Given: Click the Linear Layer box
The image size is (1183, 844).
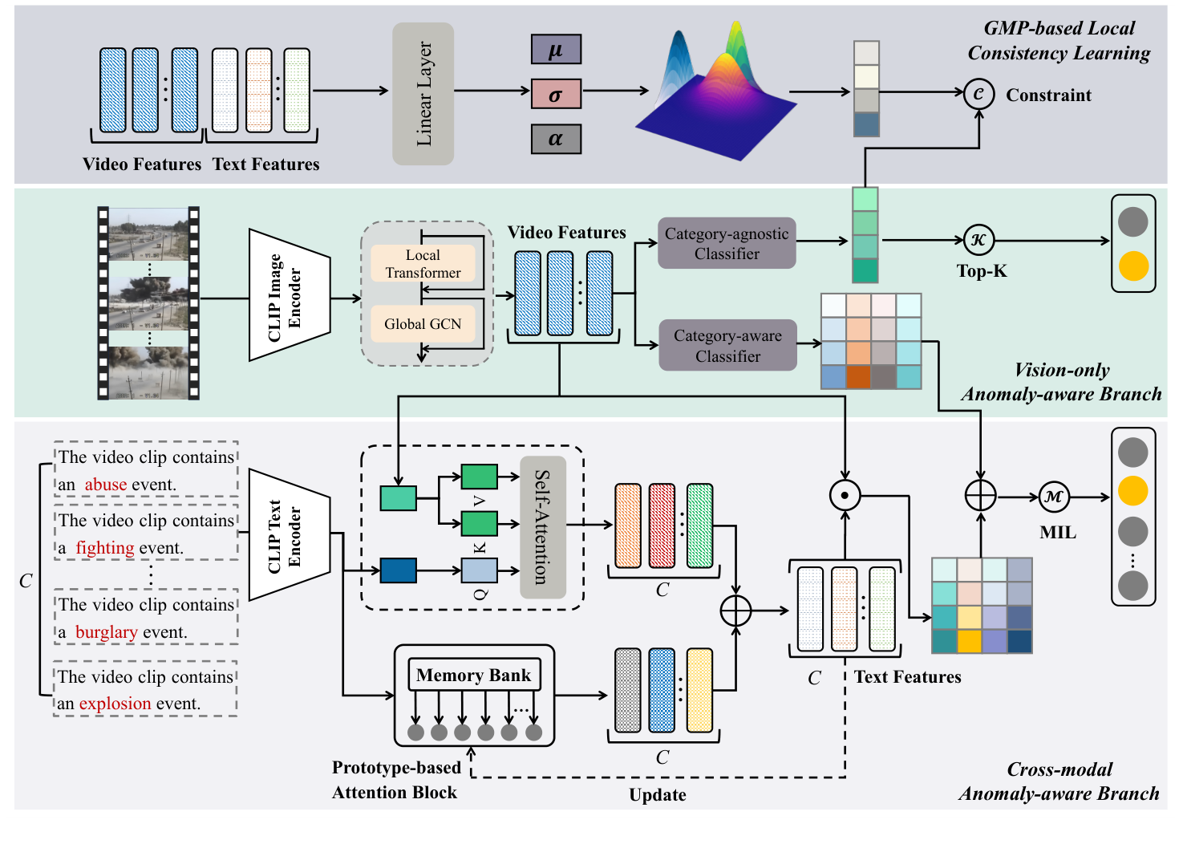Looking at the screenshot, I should pos(423,94).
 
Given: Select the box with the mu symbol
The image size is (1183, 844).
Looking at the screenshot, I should pos(556,50).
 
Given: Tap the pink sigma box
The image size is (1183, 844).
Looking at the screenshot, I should pos(556,95).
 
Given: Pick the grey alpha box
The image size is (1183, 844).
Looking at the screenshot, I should pos(556,139).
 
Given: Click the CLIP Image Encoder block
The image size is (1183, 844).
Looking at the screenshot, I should pos(289,296).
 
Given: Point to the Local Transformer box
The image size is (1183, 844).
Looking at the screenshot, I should pos(423,264).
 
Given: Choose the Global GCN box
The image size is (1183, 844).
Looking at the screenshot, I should pos(423,324).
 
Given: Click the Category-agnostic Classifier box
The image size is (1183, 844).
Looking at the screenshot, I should pos(727,243).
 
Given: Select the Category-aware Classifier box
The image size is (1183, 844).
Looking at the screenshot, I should pos(727,345).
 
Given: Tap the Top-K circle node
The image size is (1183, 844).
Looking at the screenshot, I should pos(978,239).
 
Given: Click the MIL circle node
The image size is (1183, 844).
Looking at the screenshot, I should pos(1054,497).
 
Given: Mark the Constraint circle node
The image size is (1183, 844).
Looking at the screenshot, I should pos(978,93).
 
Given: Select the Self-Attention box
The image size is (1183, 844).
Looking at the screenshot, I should pos(542,527).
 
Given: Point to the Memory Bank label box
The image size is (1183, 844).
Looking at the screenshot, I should pos(473,676).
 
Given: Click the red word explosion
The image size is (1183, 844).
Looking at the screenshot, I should pos(115,704).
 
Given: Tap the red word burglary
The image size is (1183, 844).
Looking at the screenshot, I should pos(106,632).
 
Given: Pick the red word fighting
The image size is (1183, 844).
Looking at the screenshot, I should pos(105,548).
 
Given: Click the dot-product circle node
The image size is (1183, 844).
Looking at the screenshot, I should pos(845,496).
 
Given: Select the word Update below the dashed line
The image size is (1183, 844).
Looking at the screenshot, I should pos(657,795).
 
